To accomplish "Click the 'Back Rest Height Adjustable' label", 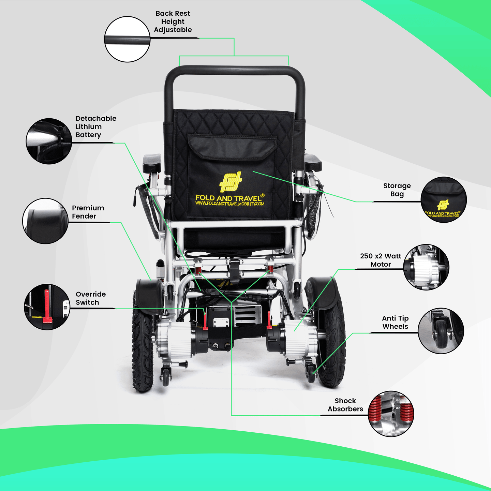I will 173,22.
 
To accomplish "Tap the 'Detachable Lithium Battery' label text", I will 96,127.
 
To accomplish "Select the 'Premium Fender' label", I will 88,212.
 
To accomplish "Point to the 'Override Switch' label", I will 91,298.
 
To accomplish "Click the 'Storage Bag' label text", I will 397,190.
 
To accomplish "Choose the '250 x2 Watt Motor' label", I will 381,260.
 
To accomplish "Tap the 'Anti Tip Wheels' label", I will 395,322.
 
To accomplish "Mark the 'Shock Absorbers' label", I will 345,405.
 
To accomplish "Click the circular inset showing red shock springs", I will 391,414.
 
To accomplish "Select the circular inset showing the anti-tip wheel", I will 441,331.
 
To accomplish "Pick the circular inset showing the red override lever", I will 47,307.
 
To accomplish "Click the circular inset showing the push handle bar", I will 127,39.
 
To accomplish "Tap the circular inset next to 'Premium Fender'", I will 45,221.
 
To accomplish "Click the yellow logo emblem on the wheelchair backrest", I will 230,181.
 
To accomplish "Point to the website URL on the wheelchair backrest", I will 229,204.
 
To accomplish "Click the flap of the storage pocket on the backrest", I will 232,147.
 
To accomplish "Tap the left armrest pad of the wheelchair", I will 152,163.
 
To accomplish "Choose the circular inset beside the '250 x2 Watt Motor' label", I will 426,267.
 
